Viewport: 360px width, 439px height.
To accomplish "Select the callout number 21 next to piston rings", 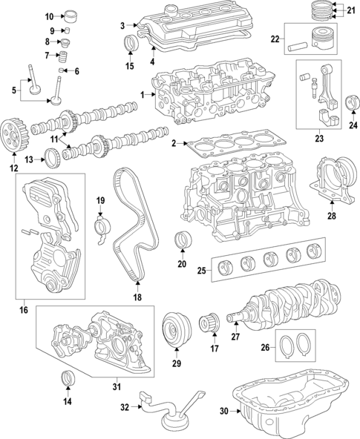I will (x=351, y=9).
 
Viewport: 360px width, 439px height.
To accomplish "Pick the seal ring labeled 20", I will (x=180, y=242).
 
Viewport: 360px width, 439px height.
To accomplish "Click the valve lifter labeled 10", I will (x=71, y=16).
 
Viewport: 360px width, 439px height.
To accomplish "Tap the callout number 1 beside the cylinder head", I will (x=143, y=96).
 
